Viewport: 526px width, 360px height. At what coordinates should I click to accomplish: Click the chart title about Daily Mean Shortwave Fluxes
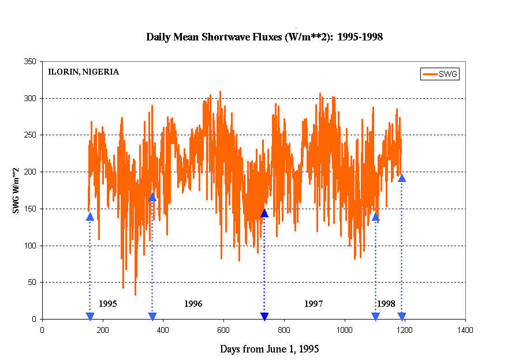[x=264, y=37]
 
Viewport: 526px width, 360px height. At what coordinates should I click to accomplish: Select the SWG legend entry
[x=440, y=74]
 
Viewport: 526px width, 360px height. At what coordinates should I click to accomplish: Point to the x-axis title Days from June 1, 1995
[x=270, y=349]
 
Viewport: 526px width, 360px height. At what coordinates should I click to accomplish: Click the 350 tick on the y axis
[x=29, y=62]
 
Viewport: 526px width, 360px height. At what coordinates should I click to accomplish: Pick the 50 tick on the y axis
[x=31, y=283]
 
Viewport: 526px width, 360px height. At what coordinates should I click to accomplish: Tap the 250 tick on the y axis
[x=29, y=135]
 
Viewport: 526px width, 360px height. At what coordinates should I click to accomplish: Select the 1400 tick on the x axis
[x=465, y=331]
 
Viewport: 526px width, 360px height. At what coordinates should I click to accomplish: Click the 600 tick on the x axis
[x=223, y=331]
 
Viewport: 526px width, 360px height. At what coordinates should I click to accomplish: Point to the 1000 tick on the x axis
[x=344, y=331]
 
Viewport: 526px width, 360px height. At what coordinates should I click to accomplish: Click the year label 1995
[x=108, y=303]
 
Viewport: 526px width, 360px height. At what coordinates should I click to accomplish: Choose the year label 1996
[x=193, y=303]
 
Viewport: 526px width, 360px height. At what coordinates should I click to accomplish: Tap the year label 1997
[x=314, y=303]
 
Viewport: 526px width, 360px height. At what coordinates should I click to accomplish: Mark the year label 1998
[x=386, y=303]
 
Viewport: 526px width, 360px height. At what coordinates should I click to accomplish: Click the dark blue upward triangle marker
[x=264, y=213]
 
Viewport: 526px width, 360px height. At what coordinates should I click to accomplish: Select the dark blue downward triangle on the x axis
[x=264, y=316]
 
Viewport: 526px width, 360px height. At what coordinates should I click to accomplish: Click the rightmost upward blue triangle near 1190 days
[x=402, y=178]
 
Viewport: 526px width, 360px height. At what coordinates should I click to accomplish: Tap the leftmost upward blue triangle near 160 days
[x=90, y=217]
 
